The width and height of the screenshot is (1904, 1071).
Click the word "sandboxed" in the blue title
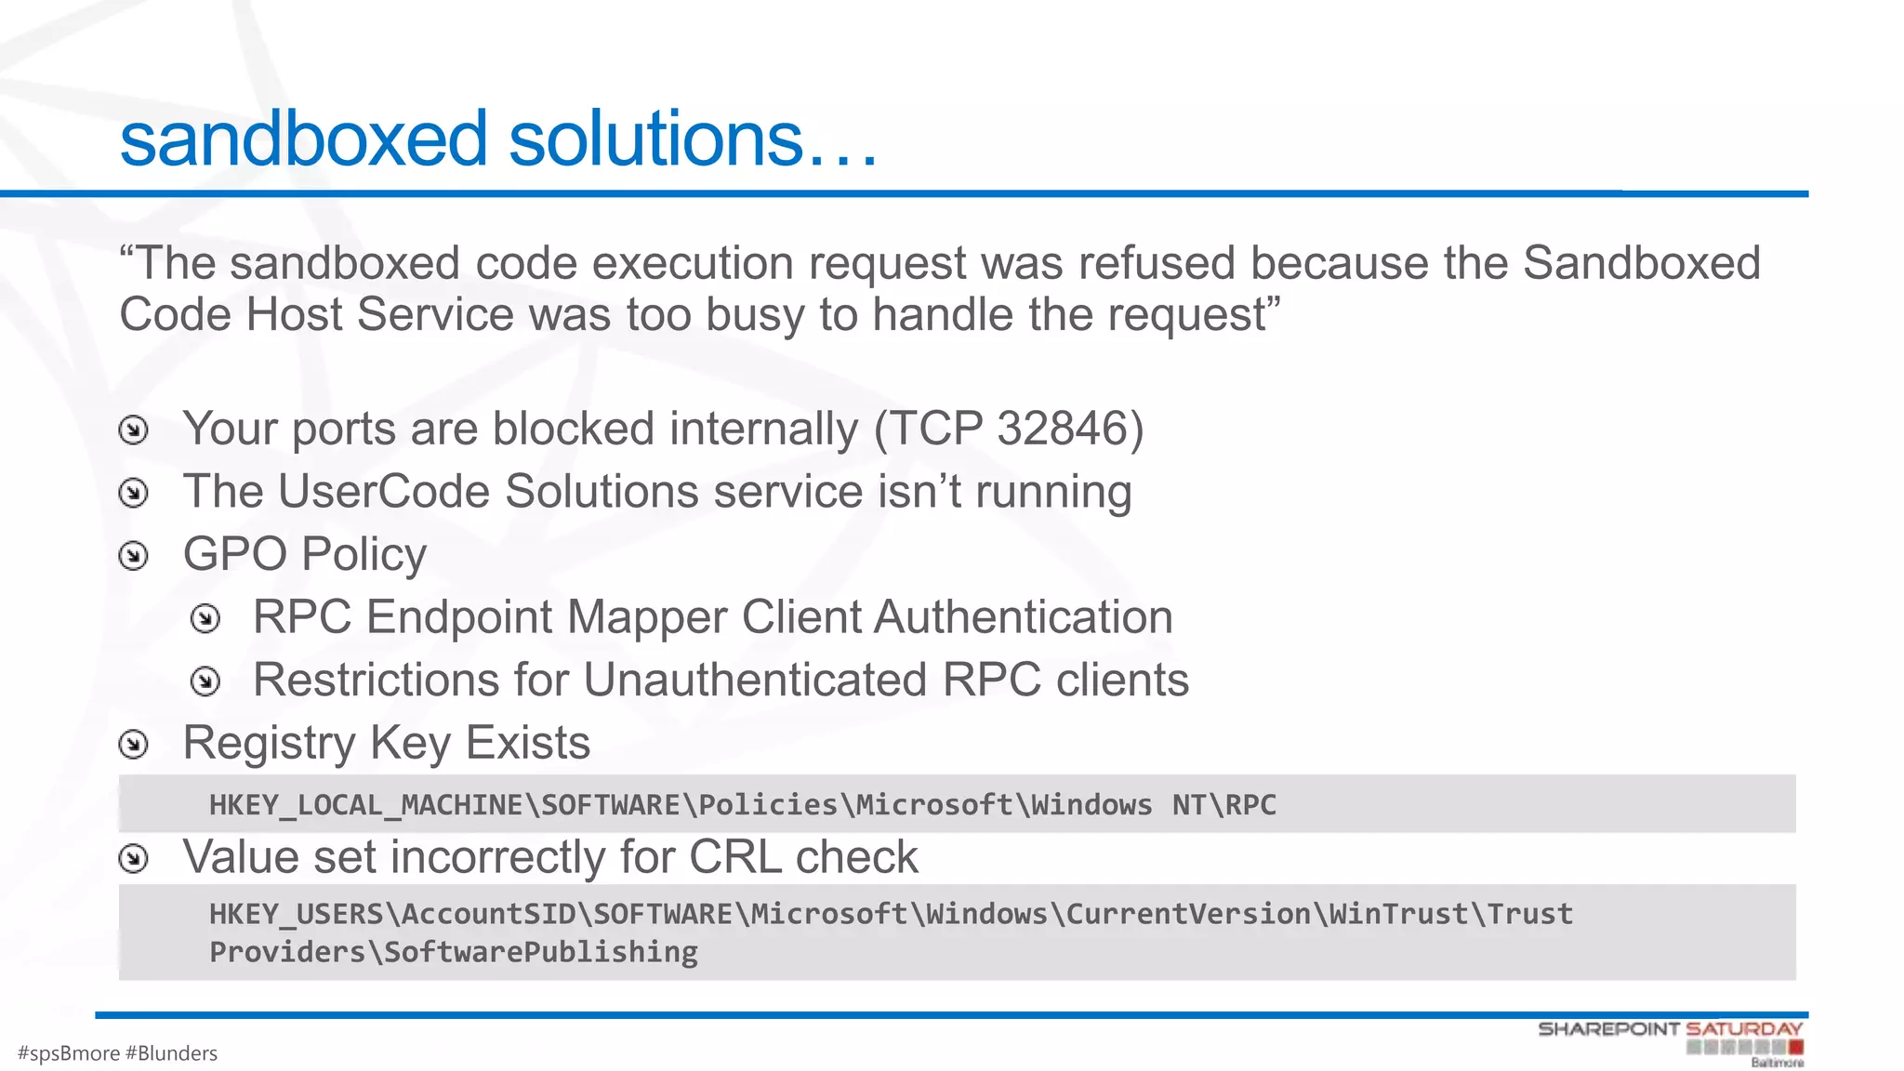(303, 139)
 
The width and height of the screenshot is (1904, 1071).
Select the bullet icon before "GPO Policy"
(134, 556)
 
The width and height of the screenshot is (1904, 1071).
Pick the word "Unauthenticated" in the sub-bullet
(755, 680)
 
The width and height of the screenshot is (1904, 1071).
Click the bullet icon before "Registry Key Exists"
(134, 744)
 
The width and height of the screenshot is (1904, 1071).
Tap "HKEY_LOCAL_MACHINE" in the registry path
(366, 805)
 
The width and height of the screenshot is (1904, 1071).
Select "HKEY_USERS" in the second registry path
(297, 914)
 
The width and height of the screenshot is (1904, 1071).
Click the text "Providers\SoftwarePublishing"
(454, 953)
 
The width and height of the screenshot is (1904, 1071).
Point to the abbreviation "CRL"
(735, 856)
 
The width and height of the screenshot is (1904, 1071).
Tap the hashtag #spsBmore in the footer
(69, 1053)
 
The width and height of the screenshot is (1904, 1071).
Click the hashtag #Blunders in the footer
(171, 1053)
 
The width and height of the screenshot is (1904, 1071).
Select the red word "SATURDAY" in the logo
(1744, 1029)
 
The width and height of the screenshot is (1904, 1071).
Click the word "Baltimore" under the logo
(1777, 1063)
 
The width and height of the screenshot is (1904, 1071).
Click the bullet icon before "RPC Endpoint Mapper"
(205, 619)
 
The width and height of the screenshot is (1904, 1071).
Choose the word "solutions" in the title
(655, 139)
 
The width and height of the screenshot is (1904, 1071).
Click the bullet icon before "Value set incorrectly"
(134, 858)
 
